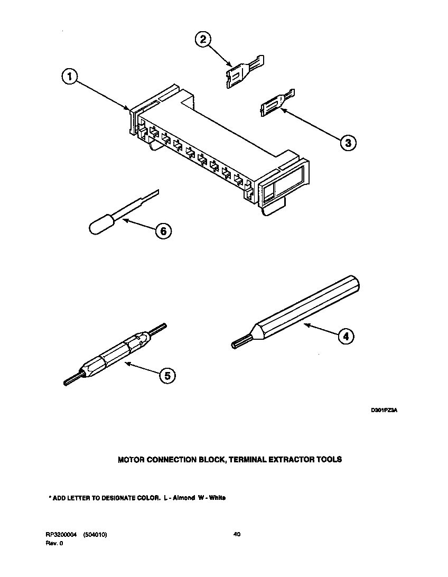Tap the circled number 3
point(346,142)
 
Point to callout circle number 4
point(344,336)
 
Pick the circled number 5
point(166,375)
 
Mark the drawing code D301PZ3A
point(384,410)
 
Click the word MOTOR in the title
point(132,460)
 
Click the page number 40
point(237,535)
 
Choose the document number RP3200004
point(61,535)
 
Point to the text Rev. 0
point(54,543)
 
